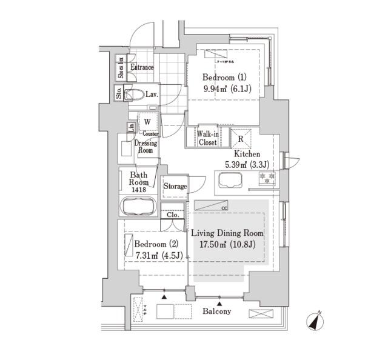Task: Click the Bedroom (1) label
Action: coord(223,77)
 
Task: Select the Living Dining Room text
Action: coord(227,233)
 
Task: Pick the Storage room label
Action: coord(175,187)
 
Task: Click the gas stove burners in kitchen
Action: coord(267,178)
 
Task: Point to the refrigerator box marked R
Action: coord(241,139)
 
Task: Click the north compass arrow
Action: coord(316,321)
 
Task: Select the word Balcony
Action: coord(216,312)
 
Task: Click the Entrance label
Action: coord(141,67)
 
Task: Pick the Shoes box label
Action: coord(121,68)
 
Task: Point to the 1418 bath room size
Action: coord(139,190)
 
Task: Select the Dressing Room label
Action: coord(145,147)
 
